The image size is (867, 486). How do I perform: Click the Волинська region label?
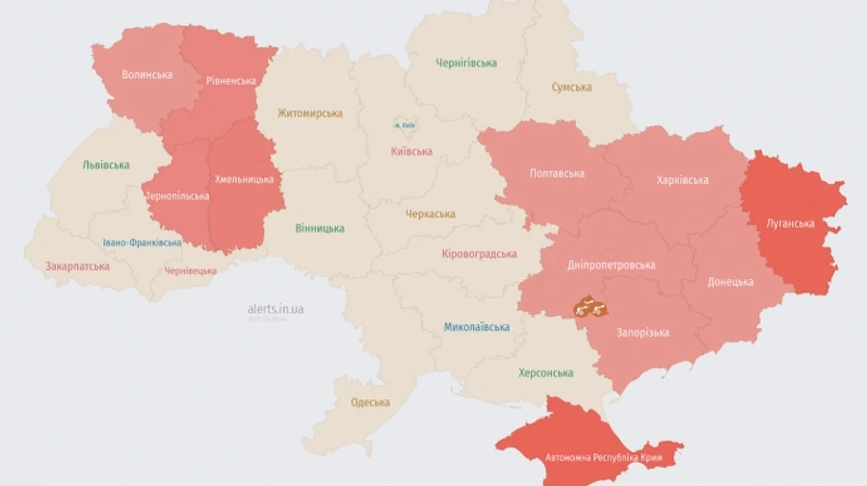click(x=147, y=74)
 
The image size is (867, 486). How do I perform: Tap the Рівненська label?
click(x=231, y=81)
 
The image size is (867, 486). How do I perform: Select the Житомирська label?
click(x=310, y=113)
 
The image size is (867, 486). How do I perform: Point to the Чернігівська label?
click(x=466, y=63)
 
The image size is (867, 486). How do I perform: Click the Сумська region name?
click(x=571, y=87)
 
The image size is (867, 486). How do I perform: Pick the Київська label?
click(x=411, y=151)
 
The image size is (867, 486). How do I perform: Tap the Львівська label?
click(x=106, y=165)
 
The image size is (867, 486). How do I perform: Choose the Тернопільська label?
click(x=177, y=196)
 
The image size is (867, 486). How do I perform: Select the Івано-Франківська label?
click(x=142, y=243)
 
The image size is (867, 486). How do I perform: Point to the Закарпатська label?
click(x=77, y=265)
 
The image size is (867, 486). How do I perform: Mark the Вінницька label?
click(x=320, y=228)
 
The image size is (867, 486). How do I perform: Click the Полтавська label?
click(x=557, y=174)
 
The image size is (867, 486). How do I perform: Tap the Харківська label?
click(x=682, y=180)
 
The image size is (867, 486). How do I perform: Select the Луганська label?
click(x=790, y=223)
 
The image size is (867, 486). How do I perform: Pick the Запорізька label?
click(x=643, y=333)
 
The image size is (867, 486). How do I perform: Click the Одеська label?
click(x=371, y=402)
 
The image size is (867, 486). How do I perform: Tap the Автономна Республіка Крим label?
click(x=596, y=457)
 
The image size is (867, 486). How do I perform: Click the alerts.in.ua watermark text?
click(x=276, y=309)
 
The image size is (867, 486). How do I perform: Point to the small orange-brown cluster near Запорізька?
click(x=589, y=308)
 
